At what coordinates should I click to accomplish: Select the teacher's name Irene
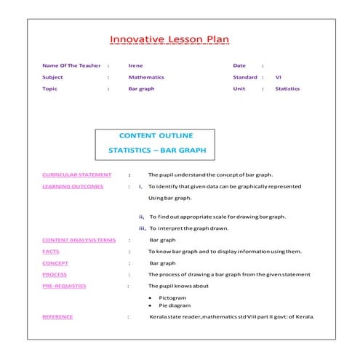pyautogui.click(x=135, y=65)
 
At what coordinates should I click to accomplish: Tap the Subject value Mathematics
pyautogui.click(x=146, y=77)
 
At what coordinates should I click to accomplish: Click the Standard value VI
pyautogui.click(x=278, y=77)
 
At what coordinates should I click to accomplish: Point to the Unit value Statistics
pyautogui.click(x=287, y=89)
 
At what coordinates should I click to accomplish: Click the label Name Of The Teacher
pyautogui.click(x=71, y=65)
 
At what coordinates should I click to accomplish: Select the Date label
pyautogui.click(x=239, y=65)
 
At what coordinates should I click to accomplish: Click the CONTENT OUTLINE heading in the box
pyautogui.click(x=154, y=136)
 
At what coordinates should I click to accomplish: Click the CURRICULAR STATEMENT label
pyautogui.click(x=77, y=175)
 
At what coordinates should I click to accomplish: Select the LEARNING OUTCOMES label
pyautogui.click(x=73, y=186)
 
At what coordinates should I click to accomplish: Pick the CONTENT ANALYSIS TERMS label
pyautogui.click(x=79, y=239)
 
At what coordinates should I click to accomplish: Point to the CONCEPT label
pyautogui.click(x=55, y=263)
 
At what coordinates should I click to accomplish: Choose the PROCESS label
pyautogui.click(x=55, y=274)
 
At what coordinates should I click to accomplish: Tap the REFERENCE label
pyautogui.click(x=57, y=316)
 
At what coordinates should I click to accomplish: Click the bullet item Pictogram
pyautogui.click(x=173, y=297)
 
